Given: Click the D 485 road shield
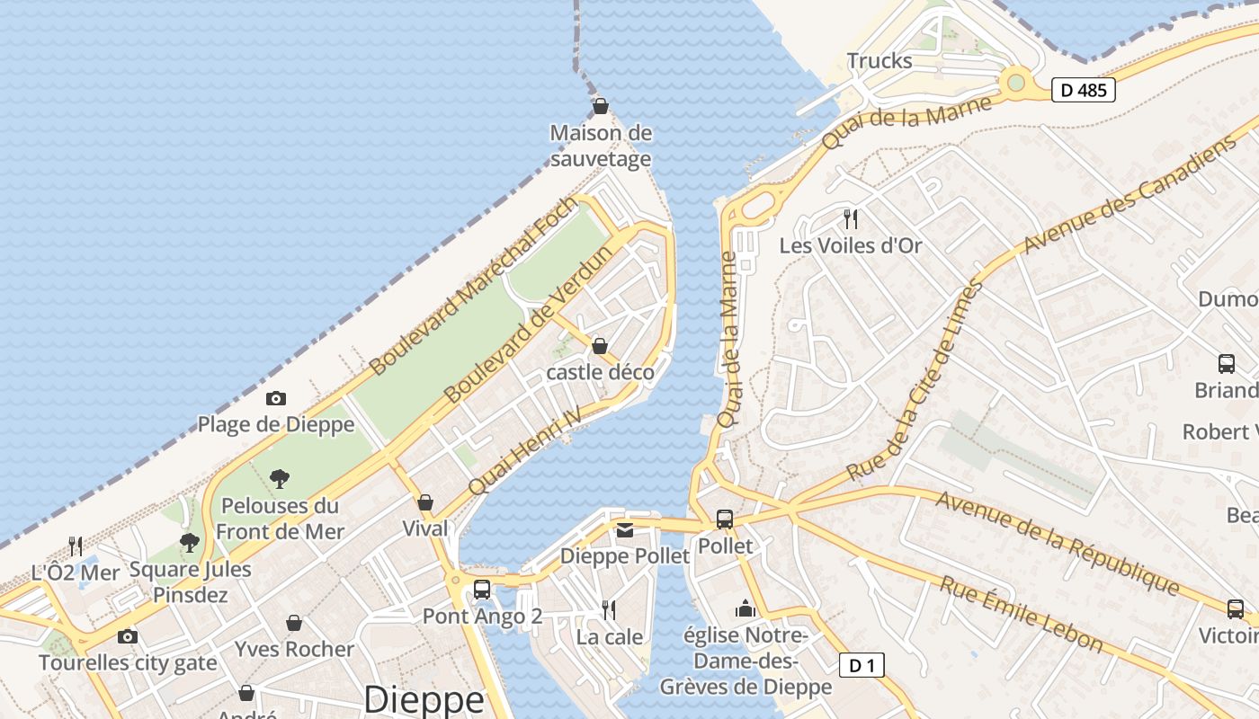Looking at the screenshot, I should pos(1084,90).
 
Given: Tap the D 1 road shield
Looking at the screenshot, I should pos(862,665).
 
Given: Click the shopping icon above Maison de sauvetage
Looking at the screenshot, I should pos(601,107).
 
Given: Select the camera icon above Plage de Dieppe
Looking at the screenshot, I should pos(276,398).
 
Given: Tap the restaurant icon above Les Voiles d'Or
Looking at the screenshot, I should pos(851,218).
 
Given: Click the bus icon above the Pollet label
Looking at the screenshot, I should pos(725,519).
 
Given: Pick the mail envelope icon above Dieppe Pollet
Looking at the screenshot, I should pos(625,530).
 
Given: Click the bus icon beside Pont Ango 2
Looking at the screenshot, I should pos(482,590).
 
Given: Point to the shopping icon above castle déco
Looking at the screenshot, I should pos(600,346).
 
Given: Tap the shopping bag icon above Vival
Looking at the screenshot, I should pos(425,502).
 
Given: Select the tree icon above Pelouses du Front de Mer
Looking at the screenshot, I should pos(280,479).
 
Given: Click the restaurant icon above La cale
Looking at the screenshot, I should pos(609,610).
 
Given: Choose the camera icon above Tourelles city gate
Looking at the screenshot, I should pos(128,637).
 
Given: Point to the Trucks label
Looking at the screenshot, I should pos(880,61).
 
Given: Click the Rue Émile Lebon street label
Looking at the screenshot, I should pos(1022,614).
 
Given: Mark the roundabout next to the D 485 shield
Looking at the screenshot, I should pos(1016,83).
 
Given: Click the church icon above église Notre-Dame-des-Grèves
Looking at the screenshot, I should pos(745,609).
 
